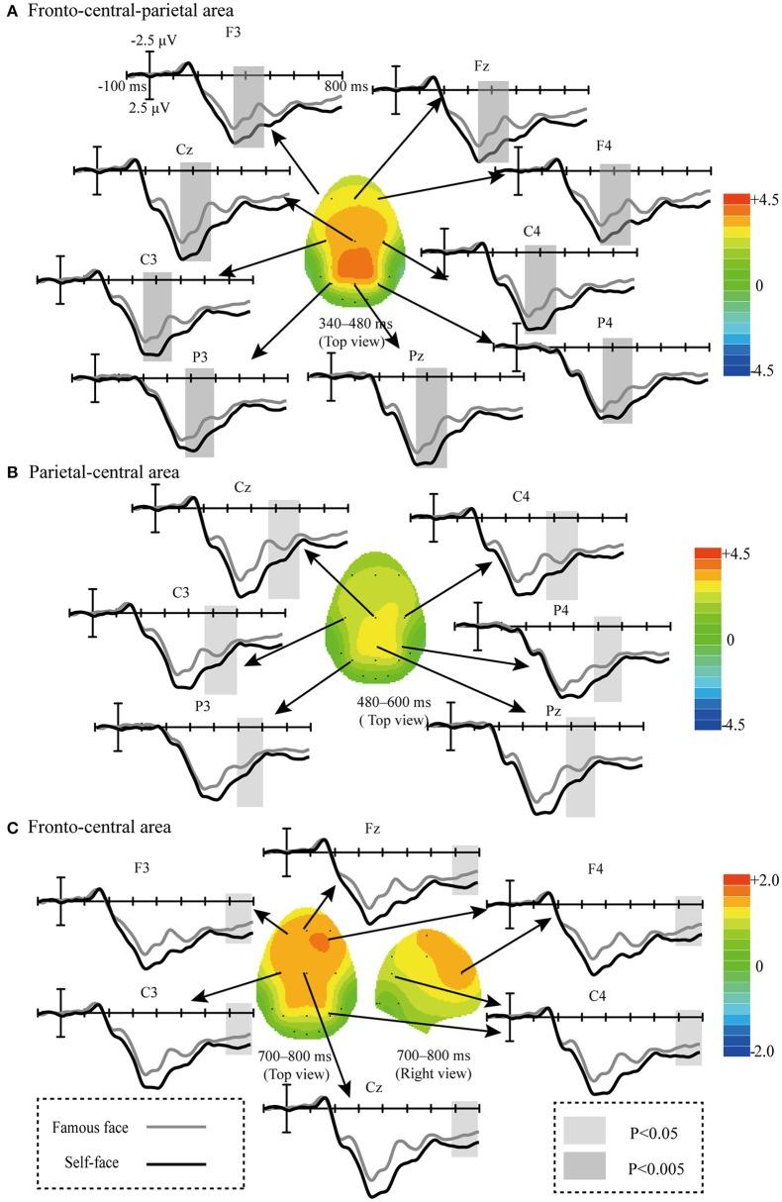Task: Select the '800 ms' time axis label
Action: point(345,87)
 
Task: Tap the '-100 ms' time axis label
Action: point(120,87)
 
